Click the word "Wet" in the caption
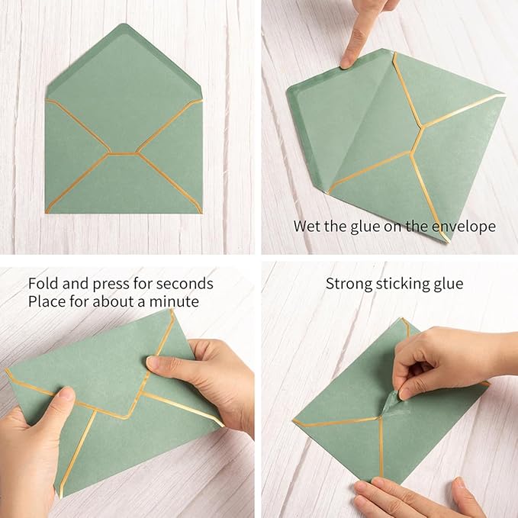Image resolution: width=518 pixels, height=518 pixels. (307, 227)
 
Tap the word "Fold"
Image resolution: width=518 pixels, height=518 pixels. (42, 284)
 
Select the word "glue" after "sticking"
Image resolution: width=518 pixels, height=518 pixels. (448, 284)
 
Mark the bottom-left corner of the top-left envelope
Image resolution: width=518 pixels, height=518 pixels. (47, 211)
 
